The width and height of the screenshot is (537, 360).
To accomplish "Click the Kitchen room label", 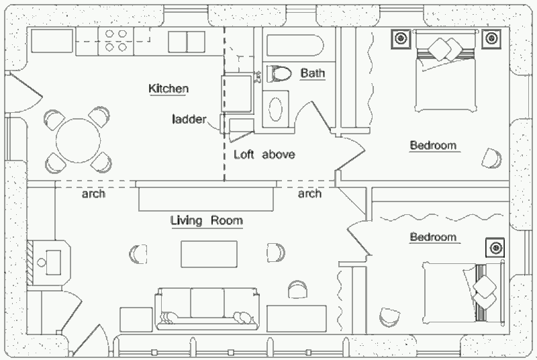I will (x=168, y=89).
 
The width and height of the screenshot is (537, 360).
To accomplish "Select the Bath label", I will (x=312, y=73).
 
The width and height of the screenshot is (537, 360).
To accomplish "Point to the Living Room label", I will (x=206, y=220).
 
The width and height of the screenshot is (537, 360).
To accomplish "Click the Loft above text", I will (x=264, y=154).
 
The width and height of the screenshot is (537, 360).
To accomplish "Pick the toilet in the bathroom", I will (x=277, y=73).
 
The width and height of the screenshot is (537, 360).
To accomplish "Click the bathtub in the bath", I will (x=295, y=47).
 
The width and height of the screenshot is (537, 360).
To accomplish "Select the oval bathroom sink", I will (x=276, y=109).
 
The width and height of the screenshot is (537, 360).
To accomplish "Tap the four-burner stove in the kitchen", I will (x=113, y=42).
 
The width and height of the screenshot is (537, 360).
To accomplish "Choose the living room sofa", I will (x=207, y=308).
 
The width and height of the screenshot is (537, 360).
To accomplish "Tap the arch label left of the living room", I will (x=93, y=194).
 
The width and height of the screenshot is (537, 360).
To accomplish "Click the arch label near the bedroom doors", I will (x=309, y=194).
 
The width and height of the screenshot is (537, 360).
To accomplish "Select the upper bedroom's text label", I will (x=433, y=145).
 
